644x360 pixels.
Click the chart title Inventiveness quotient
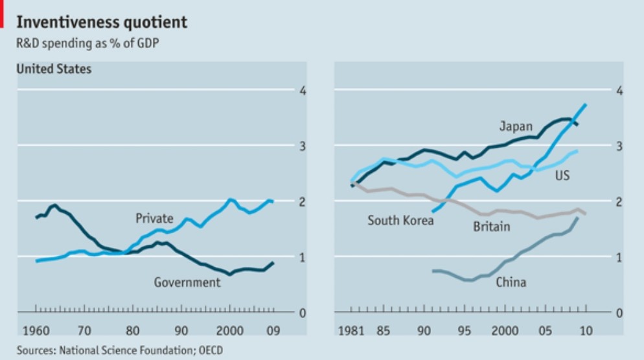pos(102,23)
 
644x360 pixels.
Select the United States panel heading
pos(54,69)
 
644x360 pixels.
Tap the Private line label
pos(154,219)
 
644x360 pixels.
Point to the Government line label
pos(187,282)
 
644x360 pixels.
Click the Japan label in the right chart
pos(516,126)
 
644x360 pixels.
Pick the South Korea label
pos(400,220)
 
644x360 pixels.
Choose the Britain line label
pos(491,226)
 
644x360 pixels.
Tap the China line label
pos(511,282)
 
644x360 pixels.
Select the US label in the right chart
pos(562,175)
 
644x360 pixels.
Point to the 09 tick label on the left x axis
pos(273,331)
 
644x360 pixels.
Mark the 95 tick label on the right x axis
pos(464,331)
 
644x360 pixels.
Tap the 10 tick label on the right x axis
pos(585,331)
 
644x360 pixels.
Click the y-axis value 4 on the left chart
pos(301,90)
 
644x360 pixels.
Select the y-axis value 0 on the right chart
pos(618,313)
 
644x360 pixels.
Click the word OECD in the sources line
pos(215,350)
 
